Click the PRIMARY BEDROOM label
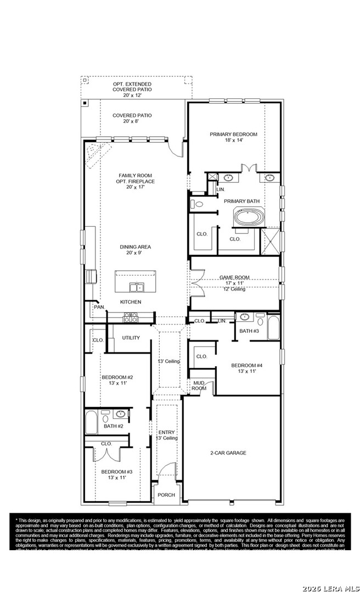(x=233, y=134)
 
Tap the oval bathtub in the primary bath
(x=250, y=217)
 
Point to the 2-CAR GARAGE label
(x=228, y=453)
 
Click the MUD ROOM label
(x=199, y=385)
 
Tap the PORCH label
(x=166, y=495)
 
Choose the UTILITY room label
(x=131, y=338)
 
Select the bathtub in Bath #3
(x=273, y=328)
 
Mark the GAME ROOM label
(x=234, y=278)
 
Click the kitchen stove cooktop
(x=131, y=317)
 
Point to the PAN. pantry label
(x=99, y=307)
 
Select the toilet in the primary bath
(x=197, y=204)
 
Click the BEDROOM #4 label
(x=246, y=365)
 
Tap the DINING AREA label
(x=135, y=247)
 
